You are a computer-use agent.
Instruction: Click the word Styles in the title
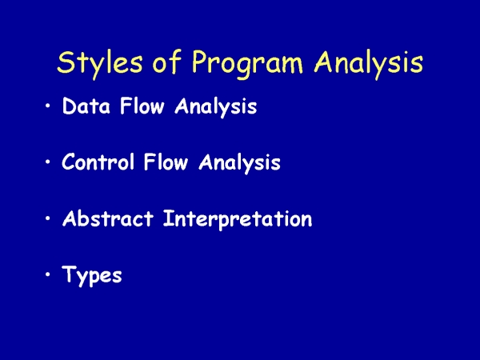pyautogui.click(x=100, y=63)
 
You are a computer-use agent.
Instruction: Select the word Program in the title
pyautogui.click(x=247, y=64)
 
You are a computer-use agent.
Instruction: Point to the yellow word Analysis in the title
pyautogui.click(x=369, y=64)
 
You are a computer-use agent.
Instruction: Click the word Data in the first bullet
pyautogui.click(x=86, y=106)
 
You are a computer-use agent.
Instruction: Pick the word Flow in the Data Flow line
pyautogui.click(x=142, y=106)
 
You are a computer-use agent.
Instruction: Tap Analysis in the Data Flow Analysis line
pyautogui.click(x=216, y=107)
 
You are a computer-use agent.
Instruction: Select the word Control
pyautogui.click(x=98, y=162)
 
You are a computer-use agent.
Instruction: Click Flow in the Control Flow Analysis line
pyautogui.click(x=166, y=162)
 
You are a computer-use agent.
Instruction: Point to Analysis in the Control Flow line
pyautogui.click(x=239, y=163)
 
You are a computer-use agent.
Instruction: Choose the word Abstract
pyautogui.click(x=108, y=218)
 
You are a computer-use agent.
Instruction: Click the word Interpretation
pyautogui.click(x=238, y=219)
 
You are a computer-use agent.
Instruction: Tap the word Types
pyautogui.click(x=92, y=276)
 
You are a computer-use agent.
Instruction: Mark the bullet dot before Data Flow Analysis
pyautogui.click(x=47, y=106)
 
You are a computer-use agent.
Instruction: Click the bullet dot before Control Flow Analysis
pyautogui.click(x=47, y=162)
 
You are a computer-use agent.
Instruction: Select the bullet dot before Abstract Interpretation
pyautogui.click(x=47, y=218)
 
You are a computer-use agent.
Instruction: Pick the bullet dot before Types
pyautogui.click(x=47, y=274)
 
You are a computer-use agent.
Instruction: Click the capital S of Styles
pyautogui.click(x=66, y=62)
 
